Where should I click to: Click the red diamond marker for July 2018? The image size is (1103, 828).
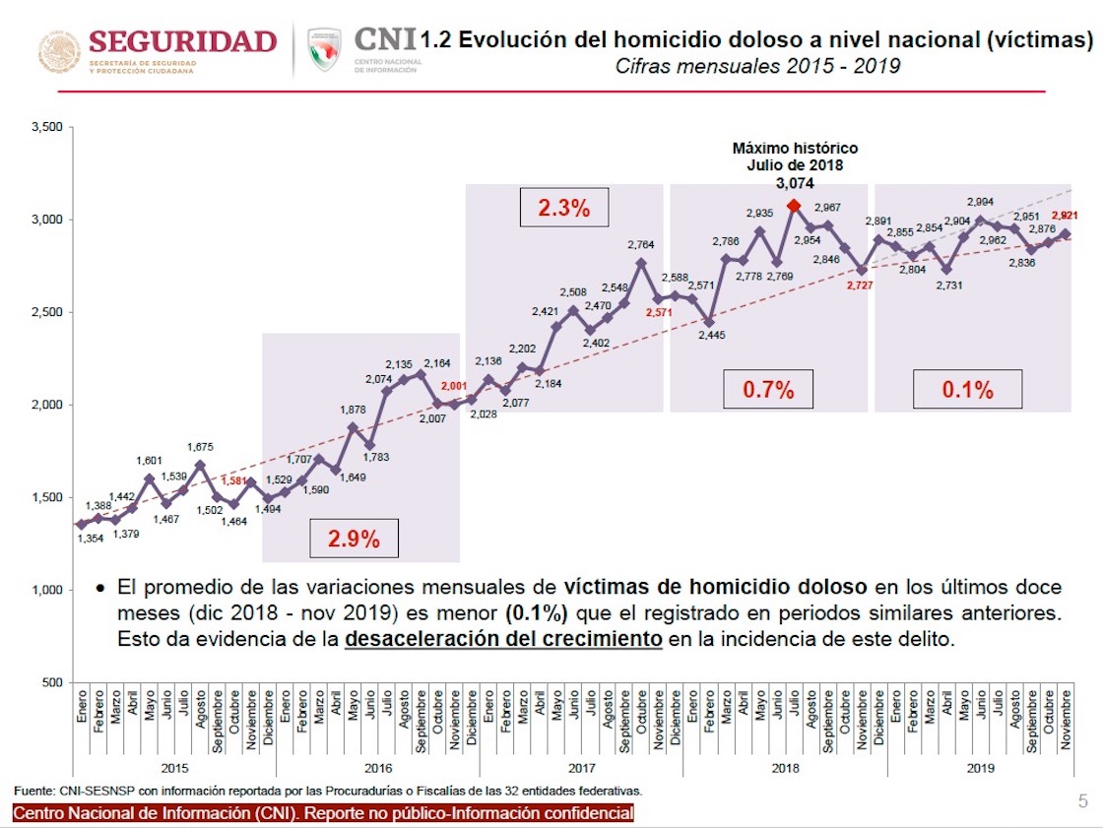tap(793, 206)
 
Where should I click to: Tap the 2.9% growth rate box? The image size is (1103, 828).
tap(354, 539)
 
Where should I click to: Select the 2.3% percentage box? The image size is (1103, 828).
tap(563, 208)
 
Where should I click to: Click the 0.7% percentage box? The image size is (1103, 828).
tap(768, 388)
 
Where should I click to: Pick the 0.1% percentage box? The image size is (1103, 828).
tap(967, 388)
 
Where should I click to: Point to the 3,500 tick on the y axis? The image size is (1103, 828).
tap(46, 128)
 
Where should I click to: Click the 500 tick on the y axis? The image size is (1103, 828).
tap(53, 682)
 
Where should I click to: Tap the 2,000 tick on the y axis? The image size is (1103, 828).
tap(46, 405)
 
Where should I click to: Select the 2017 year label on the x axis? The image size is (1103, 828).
tap(581, 767)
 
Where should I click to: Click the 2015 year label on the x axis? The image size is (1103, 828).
tap(174, 767)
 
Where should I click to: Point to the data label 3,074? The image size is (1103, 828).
tap(795, 183)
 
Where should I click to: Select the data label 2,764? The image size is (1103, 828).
tap(641, 244)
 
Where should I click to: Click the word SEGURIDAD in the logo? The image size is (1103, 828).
tap(183, 41)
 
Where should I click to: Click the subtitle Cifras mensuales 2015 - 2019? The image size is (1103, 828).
tap(757, 67)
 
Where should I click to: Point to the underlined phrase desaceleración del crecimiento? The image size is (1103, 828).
tap(503, 638)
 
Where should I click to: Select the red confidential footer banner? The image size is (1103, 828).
tap(323, 813)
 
